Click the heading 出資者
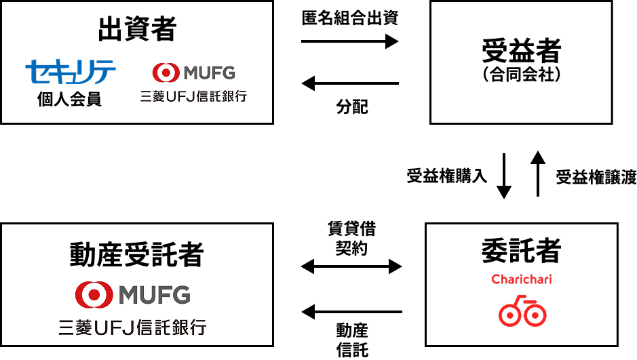[137, 29]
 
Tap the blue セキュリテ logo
[71, 72]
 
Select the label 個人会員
[69, 99]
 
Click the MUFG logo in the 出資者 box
[194, 73]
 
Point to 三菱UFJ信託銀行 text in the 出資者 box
[194, 96]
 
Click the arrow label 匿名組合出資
[350, 18]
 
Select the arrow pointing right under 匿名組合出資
[350, 41]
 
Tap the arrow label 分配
[352, 106]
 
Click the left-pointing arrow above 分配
[350, 83]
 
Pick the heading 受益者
[522, 51]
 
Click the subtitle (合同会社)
[522, 75]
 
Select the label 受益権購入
[447, 176]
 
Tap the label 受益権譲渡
[596, 178]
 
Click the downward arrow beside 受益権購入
[504, 176]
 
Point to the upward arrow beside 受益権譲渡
[538, 174]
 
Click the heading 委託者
[522, 250]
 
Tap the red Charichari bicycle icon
[522, 311]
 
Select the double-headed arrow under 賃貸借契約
[351, 266]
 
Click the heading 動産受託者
[136, 255]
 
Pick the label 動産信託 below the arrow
[352, 340]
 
